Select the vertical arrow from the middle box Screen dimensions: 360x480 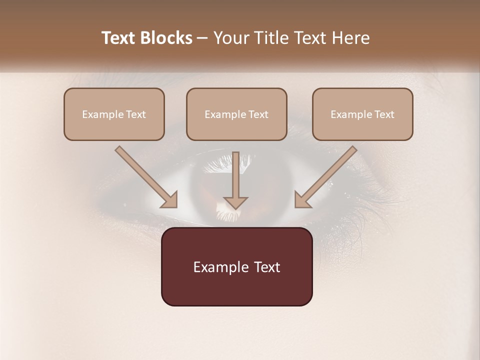tap(235, 180)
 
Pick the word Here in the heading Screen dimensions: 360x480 tap(351, 38)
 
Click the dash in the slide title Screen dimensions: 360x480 tap(202, 38)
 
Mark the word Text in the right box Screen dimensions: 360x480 tap(384, 114)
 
